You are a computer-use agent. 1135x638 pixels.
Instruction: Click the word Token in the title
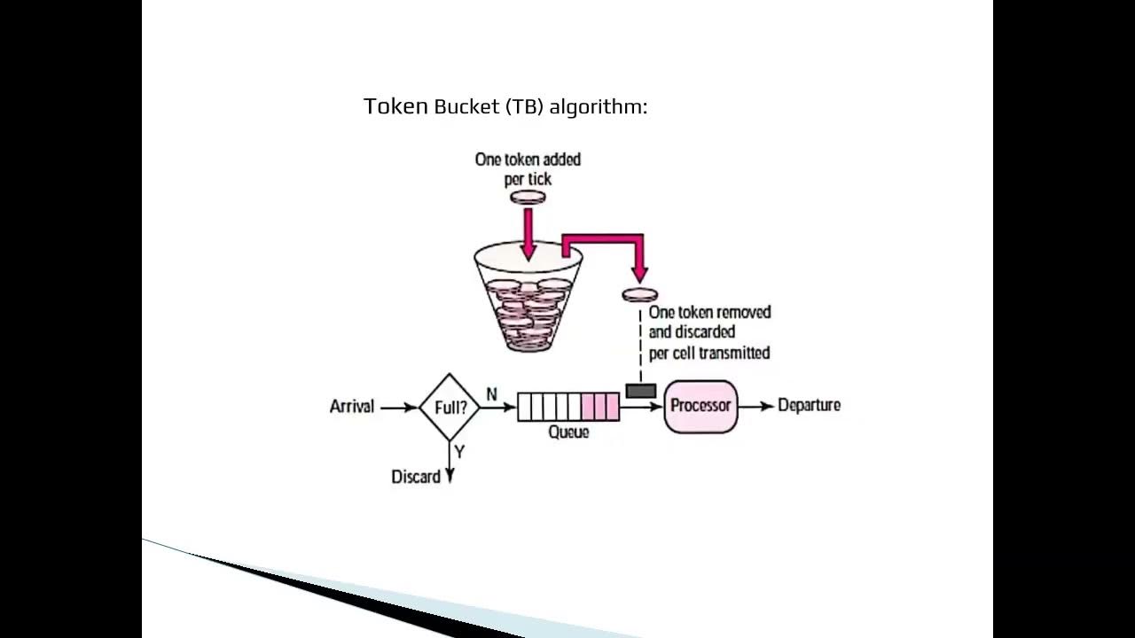pyautogui.click(x=395, y=106)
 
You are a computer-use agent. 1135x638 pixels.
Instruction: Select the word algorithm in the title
pyautogui.click(x=599, y=107)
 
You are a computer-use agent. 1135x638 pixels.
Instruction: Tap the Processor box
pyautogui.click(x=701, y=407)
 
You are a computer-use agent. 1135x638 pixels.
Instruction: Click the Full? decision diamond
pyautogui.click(x=450, y=408)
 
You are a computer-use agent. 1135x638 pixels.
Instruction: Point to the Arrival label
pyautogui.click(x=352, y=407)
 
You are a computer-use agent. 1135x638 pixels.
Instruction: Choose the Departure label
pyautogui.click(x=809, y=406)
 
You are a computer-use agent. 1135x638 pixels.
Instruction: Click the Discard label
pyautogui.click(x=416, y=477)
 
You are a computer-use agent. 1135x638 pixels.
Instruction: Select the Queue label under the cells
pyautogui.click(x=568, y=432)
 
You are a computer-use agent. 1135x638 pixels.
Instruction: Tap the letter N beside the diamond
pyautogui.click(x=491, y=394)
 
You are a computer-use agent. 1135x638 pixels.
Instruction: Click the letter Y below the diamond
pyautogui.click(x=459, y=453)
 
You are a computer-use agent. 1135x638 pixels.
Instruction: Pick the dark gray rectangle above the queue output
pyautogui.click(x=640, y=391)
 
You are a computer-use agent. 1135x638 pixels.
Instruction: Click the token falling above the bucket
pyautogui.click(x=528, y=197)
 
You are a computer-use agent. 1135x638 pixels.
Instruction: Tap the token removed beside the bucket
pyautogui.click(x=639, y=294)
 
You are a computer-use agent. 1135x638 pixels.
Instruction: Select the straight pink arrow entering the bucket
pyautogui.click(x=528, y=233)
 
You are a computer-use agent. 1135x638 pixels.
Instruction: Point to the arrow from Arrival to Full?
pyautogui.click(x=398, y=408)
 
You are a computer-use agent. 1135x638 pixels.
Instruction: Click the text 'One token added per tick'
pyautogui.click(x=528, y=169)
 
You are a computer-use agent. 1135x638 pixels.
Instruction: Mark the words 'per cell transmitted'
pyautogui.click(x=709, y=353)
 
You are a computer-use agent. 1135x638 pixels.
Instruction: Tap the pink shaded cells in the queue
pyautogui.click(x=599, y=407)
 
